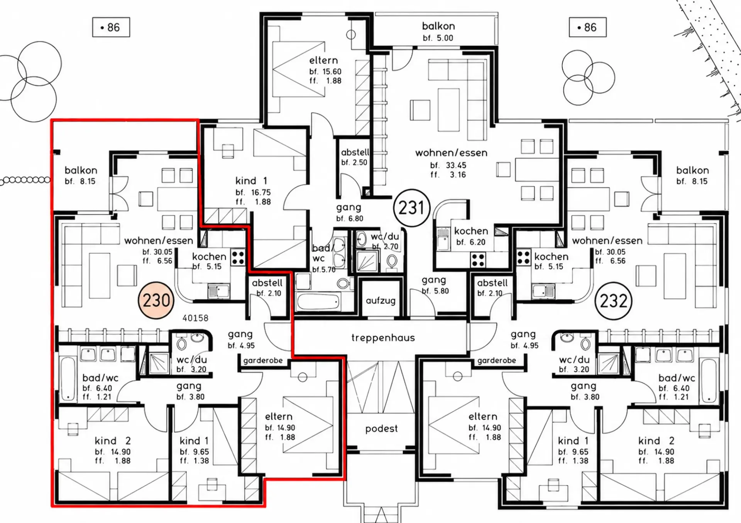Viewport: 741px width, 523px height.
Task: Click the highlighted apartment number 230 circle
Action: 156,300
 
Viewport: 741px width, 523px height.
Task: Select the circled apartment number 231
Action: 411,208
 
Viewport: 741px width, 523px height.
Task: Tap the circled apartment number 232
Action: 614,301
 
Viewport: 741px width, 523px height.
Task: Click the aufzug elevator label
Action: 381,300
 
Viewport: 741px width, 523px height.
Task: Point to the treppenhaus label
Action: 383,338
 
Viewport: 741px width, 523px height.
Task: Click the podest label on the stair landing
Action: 381,429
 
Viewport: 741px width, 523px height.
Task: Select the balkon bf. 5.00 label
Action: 438,32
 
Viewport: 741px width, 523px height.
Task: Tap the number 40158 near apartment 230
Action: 195,318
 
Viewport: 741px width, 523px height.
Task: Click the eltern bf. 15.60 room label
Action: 325,70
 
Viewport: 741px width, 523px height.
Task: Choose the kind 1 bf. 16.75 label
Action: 253,191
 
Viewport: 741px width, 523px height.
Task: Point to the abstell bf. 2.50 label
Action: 355,157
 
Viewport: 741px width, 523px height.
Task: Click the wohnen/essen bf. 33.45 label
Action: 451,163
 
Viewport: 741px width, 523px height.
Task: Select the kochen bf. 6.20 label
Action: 471,236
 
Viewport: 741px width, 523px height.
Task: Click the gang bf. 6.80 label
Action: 349,213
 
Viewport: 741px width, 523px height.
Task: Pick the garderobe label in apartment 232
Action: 496,360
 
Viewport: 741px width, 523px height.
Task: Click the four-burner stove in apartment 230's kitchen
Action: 238,257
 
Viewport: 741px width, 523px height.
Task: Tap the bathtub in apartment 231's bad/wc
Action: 319,302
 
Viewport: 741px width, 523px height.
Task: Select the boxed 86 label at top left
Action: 111,27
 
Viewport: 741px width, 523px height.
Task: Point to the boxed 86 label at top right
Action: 587,27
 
